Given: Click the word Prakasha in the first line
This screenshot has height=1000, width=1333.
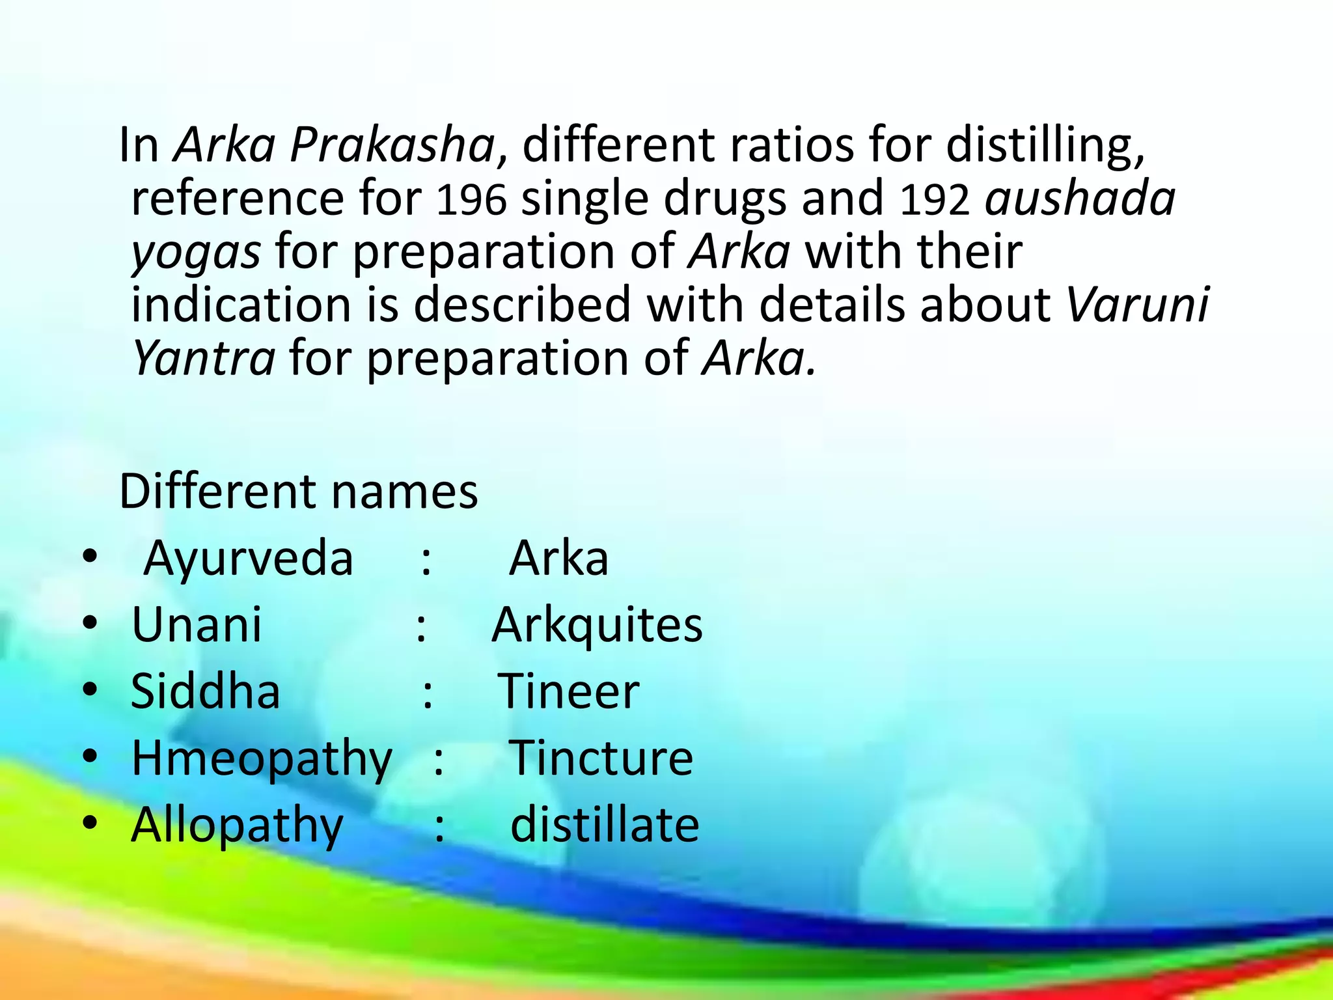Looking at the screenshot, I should pyautogui.click(x=392, y=145).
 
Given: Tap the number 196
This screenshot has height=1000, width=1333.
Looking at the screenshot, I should pyautogui.click(x=471, y=199).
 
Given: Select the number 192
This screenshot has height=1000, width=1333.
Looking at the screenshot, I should pyautogui.click(x=935, y=199).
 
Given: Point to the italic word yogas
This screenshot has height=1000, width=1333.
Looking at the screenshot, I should pyautogui.click(x=196, y=253).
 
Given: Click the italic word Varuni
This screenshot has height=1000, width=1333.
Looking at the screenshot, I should pyautogui.click(x=1138, y=305).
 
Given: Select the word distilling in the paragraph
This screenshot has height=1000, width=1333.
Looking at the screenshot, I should pyautogui.click(x=1045, y=145).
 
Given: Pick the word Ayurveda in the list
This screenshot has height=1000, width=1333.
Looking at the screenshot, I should pyautogui.click(x=248, y=559).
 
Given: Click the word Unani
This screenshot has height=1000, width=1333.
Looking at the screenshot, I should pyautogui.click(x=197, y=625).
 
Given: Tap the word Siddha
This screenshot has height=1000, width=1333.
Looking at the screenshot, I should pyautogui.click(x=206, y=691).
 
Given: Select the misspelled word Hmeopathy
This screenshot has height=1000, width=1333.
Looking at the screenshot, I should pyautogui.click(x=262, y=759).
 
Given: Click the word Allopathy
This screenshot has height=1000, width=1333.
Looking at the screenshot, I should pyautogui.click(x=237, y=826).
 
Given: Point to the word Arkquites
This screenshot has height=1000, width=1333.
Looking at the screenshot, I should pyautogui.click(x=597, y=625).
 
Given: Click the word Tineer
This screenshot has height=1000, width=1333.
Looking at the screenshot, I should pyautogui.click(x=568, y=691).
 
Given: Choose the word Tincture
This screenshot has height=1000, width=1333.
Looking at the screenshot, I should pyautogui.click(x=601, y=758).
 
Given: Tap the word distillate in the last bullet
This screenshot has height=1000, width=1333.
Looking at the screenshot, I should pyautogui.click(x=605, y=825).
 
